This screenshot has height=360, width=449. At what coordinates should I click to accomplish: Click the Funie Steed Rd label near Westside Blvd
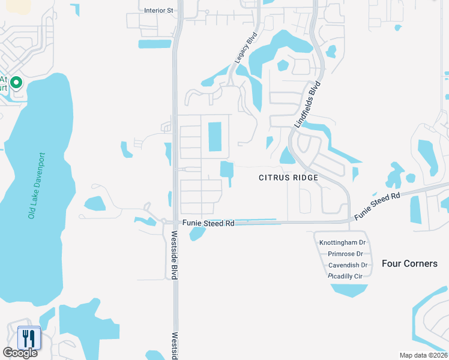pyautogui.click(x=208, y=223)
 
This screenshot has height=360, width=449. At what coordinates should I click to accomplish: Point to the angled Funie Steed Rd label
pyautogui.click(x=377, y=206)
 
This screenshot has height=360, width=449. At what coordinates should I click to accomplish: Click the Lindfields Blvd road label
pyautogui.click(x=306, y=104)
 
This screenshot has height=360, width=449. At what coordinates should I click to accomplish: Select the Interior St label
pyautogui.click(x=158, y=10)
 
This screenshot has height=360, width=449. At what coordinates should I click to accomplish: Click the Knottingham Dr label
pyautogui.click(x=342, y=243)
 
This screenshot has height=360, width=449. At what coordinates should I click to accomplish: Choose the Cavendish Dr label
pyautogui.click(x=348, y=265)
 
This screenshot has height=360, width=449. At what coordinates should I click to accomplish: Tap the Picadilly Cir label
pyautogui.click(x=347, y=276)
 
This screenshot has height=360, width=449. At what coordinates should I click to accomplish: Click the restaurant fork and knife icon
pyautogui.click(x=28, y=338)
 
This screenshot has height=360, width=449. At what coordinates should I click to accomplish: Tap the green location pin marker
pyautogui.click(x=16, y=83)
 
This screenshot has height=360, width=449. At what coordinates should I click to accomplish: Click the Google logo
pyautogui.click(x=20, y=353)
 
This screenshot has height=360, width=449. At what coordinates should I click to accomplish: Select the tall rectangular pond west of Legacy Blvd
pyautogui.click(x=215, y=137)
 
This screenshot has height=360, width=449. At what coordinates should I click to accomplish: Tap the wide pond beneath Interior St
pyautogui.click(x=154, y=44)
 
